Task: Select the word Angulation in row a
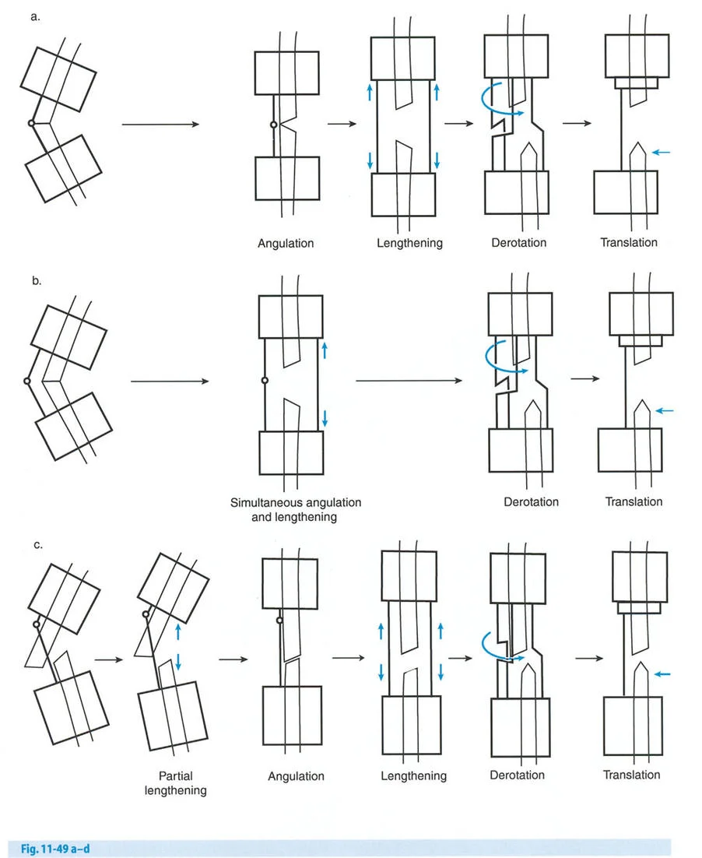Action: click(286, 243)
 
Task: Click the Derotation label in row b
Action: click(531, 501)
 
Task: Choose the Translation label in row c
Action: click(631, 775)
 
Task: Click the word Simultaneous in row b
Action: click(267, 502)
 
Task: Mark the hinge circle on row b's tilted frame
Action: click(26, 381)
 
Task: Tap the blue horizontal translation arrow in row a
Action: click(660, 153)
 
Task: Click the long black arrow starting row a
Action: click(160, 124)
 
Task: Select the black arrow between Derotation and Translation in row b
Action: click(584, 379)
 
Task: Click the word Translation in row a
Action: click(628, 242)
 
